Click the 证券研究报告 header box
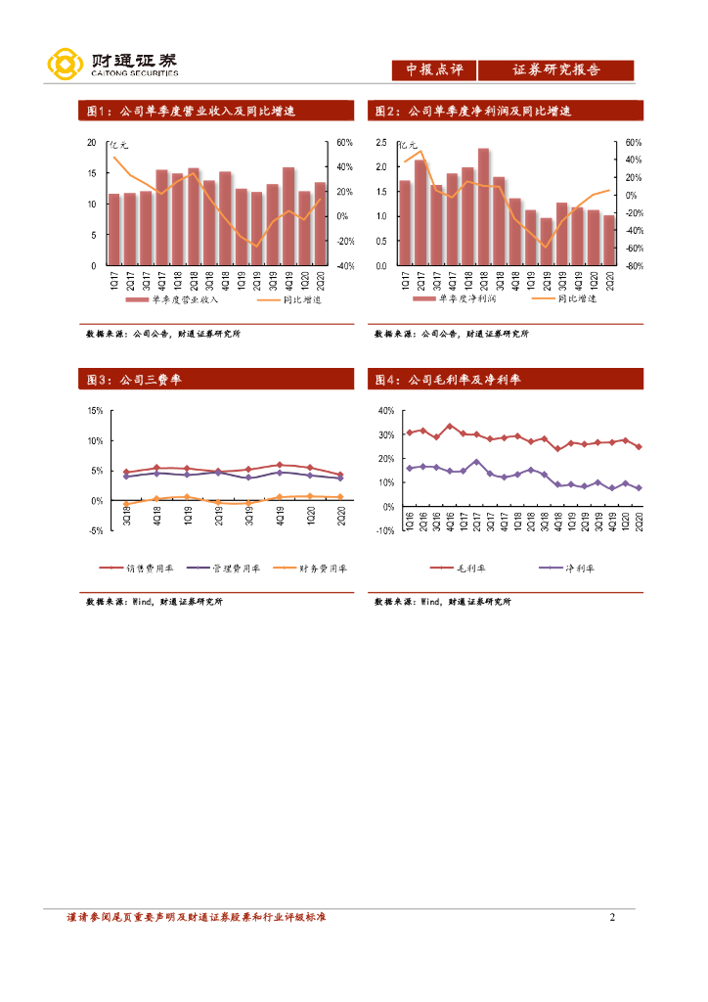click(556, 70)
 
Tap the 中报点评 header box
click(433, 70)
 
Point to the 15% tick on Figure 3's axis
click(96, 411)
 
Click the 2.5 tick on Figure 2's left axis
click(382, 143)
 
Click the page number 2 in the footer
click(612, 918)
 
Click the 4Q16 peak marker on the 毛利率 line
click(450, 427)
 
